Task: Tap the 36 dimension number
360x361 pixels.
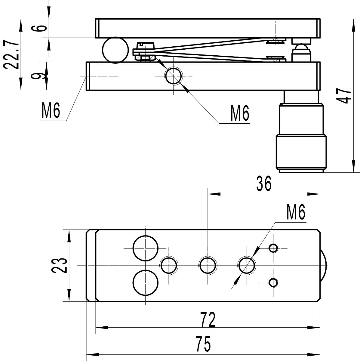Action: point(264,184)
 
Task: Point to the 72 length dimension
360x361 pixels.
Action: point(208,319)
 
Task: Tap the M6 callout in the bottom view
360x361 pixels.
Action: point(296,213)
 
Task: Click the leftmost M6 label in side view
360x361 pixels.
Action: point(51,111)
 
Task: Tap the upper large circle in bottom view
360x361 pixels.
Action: point(146,248)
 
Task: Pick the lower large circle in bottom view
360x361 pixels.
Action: point(146,282)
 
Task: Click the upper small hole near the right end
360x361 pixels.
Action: point(273,248)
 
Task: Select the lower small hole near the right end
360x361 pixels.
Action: point(273,282)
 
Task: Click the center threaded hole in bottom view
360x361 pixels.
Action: point(207,265)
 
